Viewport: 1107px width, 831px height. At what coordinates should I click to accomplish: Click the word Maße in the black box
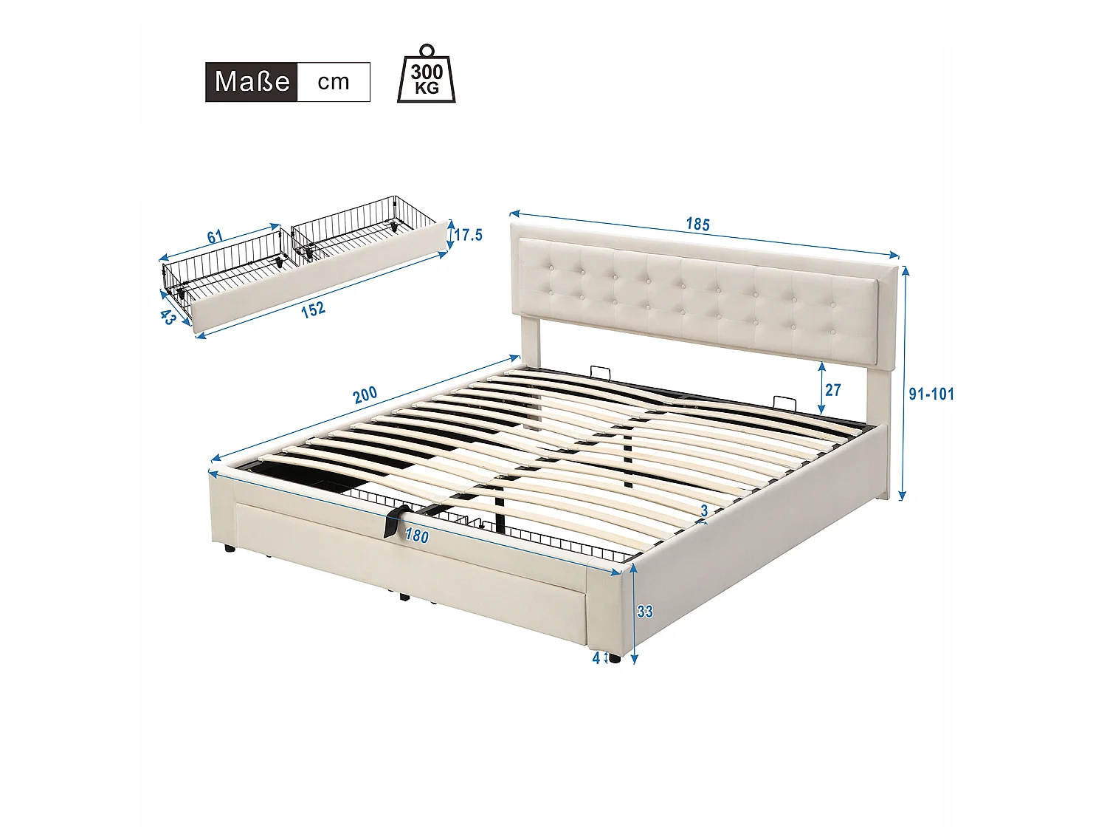[x=252, y=81]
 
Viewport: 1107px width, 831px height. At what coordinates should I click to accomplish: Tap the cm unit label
[x=334, y=81]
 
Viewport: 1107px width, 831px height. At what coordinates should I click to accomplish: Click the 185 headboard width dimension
[x=697, y=224]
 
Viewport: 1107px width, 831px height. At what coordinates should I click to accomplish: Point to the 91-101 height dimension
[x=931, y=394]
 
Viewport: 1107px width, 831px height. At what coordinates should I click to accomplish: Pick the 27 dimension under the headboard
[x=833, y=389]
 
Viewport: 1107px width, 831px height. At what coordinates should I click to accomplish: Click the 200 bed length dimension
[x=365, y=395]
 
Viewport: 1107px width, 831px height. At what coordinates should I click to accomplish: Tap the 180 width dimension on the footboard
[x=417, y=536]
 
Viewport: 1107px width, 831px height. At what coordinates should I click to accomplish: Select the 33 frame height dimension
[x=644, y=612]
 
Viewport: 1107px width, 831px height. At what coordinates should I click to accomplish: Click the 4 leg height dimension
[x=596, y=658]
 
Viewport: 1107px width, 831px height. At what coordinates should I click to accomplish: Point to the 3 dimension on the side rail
[x=704, y=511]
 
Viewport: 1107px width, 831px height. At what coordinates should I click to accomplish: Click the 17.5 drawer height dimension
[x=468, y=235]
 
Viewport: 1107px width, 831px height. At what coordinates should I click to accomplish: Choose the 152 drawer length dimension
[x=313, y=310]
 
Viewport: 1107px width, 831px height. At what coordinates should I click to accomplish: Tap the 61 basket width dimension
[x=214, y=237]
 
